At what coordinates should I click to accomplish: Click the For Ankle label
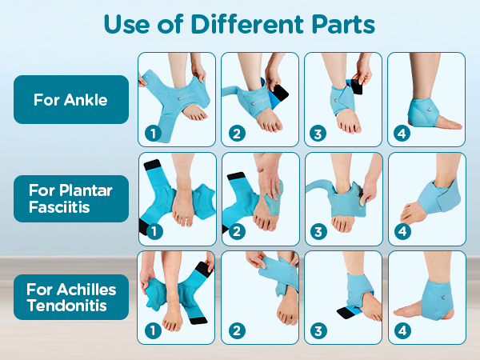(x=70, y=100)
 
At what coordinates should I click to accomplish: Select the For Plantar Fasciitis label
(x=70, y=198)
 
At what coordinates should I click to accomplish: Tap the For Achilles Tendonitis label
(x=70, y=297)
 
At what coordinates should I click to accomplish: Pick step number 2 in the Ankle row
(x=237, y=133)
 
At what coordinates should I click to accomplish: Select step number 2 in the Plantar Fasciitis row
(x=237, y=231)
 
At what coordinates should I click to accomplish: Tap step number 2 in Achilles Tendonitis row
(x=237, y=330)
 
